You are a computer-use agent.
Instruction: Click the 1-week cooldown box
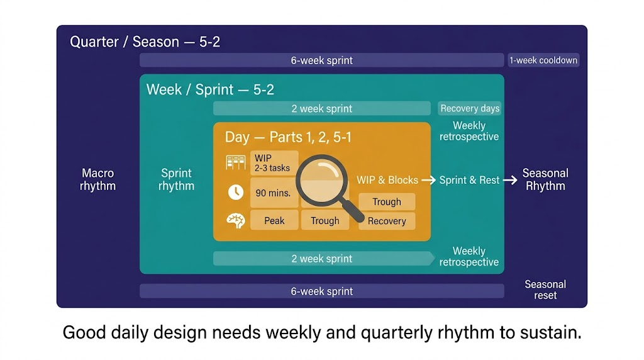tap(543, 60)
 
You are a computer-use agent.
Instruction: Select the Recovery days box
tap(469, 108)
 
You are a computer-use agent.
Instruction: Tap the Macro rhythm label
tap(97, 179)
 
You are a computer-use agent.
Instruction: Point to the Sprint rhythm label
tap(176, 179)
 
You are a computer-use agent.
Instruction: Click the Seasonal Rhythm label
tap(545, 179)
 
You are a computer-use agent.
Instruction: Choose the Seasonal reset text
tap(545, 290)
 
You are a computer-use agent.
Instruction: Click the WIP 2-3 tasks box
tap(274, 163)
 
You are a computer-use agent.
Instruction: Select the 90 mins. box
tap(274, 193)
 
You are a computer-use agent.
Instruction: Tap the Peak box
tap(274, 221)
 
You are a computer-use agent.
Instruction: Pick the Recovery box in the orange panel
tap(387, 221)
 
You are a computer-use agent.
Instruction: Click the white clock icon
tap(236, 192)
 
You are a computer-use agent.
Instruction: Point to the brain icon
tap(236, 221)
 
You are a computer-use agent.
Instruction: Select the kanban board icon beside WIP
tap(236, 162)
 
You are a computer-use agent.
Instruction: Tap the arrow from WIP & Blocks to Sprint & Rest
tap(428, 180)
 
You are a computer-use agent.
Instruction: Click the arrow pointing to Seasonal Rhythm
tap(510, 180)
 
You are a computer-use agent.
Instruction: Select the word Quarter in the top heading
tap(94, 42)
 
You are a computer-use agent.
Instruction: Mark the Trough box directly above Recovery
tap(387, 202)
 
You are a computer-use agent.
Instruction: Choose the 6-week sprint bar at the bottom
tap(321, 291)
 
